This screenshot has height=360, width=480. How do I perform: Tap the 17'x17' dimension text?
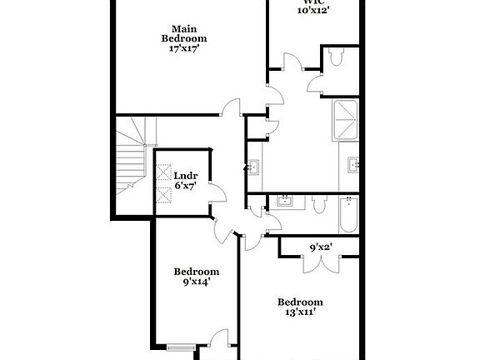(184, 48)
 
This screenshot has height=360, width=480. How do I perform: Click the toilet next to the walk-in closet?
(336, 59)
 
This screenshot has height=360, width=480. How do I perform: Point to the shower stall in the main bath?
(347, 121)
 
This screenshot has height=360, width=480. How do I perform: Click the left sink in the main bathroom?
(252, 166)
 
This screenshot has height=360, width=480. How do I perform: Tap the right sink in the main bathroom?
(353, 163)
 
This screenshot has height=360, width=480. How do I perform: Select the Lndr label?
(185, 175)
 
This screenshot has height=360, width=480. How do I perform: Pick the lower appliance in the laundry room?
(162, 195)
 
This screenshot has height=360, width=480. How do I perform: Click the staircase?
(132, 162)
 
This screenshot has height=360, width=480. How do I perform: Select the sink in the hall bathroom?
(284, 201)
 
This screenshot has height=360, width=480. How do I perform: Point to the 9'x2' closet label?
(321, 247)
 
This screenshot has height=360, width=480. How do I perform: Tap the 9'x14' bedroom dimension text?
(197, 282)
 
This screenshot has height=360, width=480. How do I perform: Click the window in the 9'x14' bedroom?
(180, 347)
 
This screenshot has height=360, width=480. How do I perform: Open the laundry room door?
(217, 191)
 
